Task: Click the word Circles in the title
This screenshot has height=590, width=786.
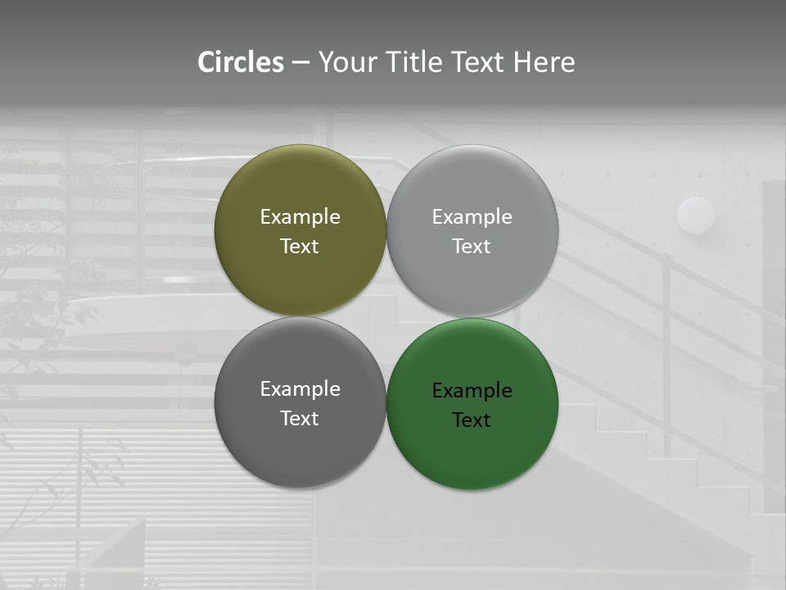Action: coord(241,62)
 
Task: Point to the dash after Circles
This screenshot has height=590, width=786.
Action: coord(300,63)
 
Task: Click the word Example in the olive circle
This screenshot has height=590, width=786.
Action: coord(300,217)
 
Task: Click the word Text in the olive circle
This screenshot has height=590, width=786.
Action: coord(300,247)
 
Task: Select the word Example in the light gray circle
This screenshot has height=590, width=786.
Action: coord(472,217)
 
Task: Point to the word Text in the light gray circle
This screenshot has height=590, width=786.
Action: coord(472,247)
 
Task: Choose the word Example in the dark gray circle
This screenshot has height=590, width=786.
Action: coord(300,389)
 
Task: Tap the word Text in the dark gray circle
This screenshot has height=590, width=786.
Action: coord(300,419)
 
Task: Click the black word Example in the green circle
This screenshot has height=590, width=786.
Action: coord(472,391)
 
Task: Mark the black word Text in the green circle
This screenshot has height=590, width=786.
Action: coord(472,420)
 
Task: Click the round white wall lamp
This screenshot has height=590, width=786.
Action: coord(696,216)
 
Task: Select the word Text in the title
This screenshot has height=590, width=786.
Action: coord(479,62)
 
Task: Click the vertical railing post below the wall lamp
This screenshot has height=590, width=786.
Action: coord(668,344)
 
